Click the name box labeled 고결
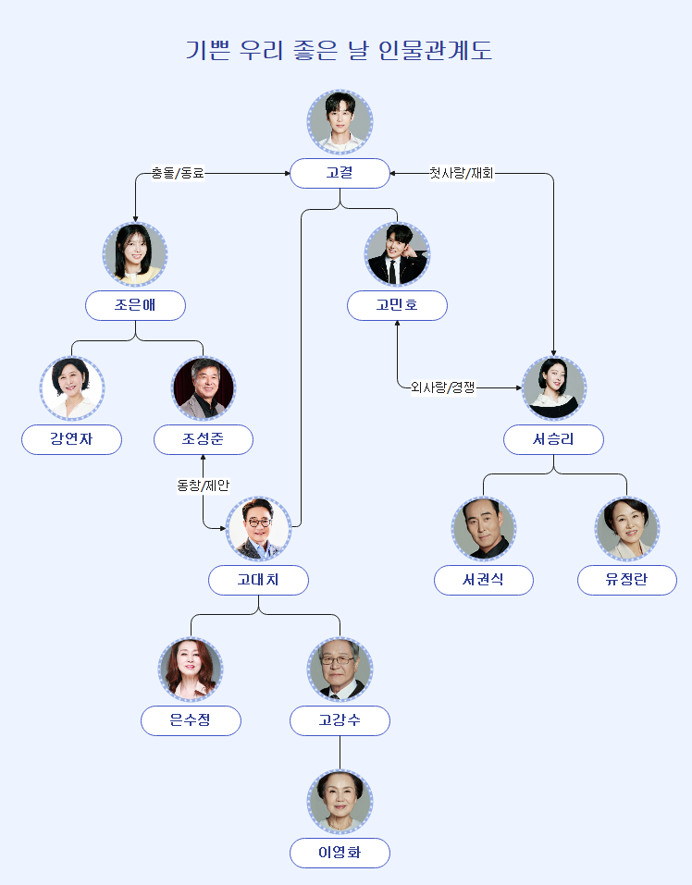click(340, 173)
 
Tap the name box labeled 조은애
click(136, 305)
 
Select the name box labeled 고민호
click(397, 305)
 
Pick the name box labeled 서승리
click(553, 439)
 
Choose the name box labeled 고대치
click(258, 580)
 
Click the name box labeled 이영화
click(340, 853)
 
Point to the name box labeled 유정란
click(626, 580)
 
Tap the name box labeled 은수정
click(191, 720)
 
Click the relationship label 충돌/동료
click(178, 173)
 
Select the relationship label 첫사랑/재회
click(461, 173)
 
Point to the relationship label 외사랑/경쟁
click(442, 387)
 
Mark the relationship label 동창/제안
click(203, 485)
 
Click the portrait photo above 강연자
click(72, 388)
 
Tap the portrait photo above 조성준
click(204, 388)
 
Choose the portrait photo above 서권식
click(484, 529)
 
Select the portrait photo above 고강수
click(340, 670)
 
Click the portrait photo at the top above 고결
click(340, 121)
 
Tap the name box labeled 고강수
click(340, 720)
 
